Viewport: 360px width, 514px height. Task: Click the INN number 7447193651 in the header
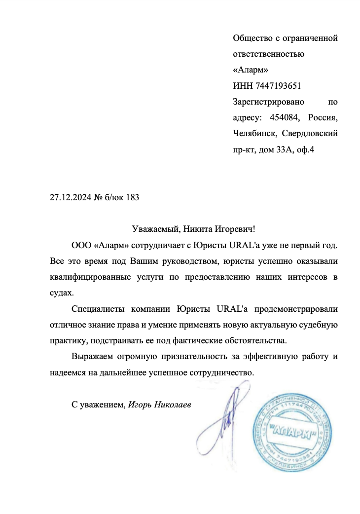[x=278, y=86]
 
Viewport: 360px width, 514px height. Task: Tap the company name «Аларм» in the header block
[x=250, y=70]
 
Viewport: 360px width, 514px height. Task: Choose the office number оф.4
[x=304, y=150]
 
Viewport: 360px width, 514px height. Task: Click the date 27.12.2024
[x=71, y=198]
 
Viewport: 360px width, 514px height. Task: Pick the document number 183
[x=133, y=198]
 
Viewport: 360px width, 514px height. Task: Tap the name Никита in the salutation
[x=198, y=229]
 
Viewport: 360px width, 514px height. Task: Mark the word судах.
[x=61, y=293]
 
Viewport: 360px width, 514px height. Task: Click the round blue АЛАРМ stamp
[x=293, y=431]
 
